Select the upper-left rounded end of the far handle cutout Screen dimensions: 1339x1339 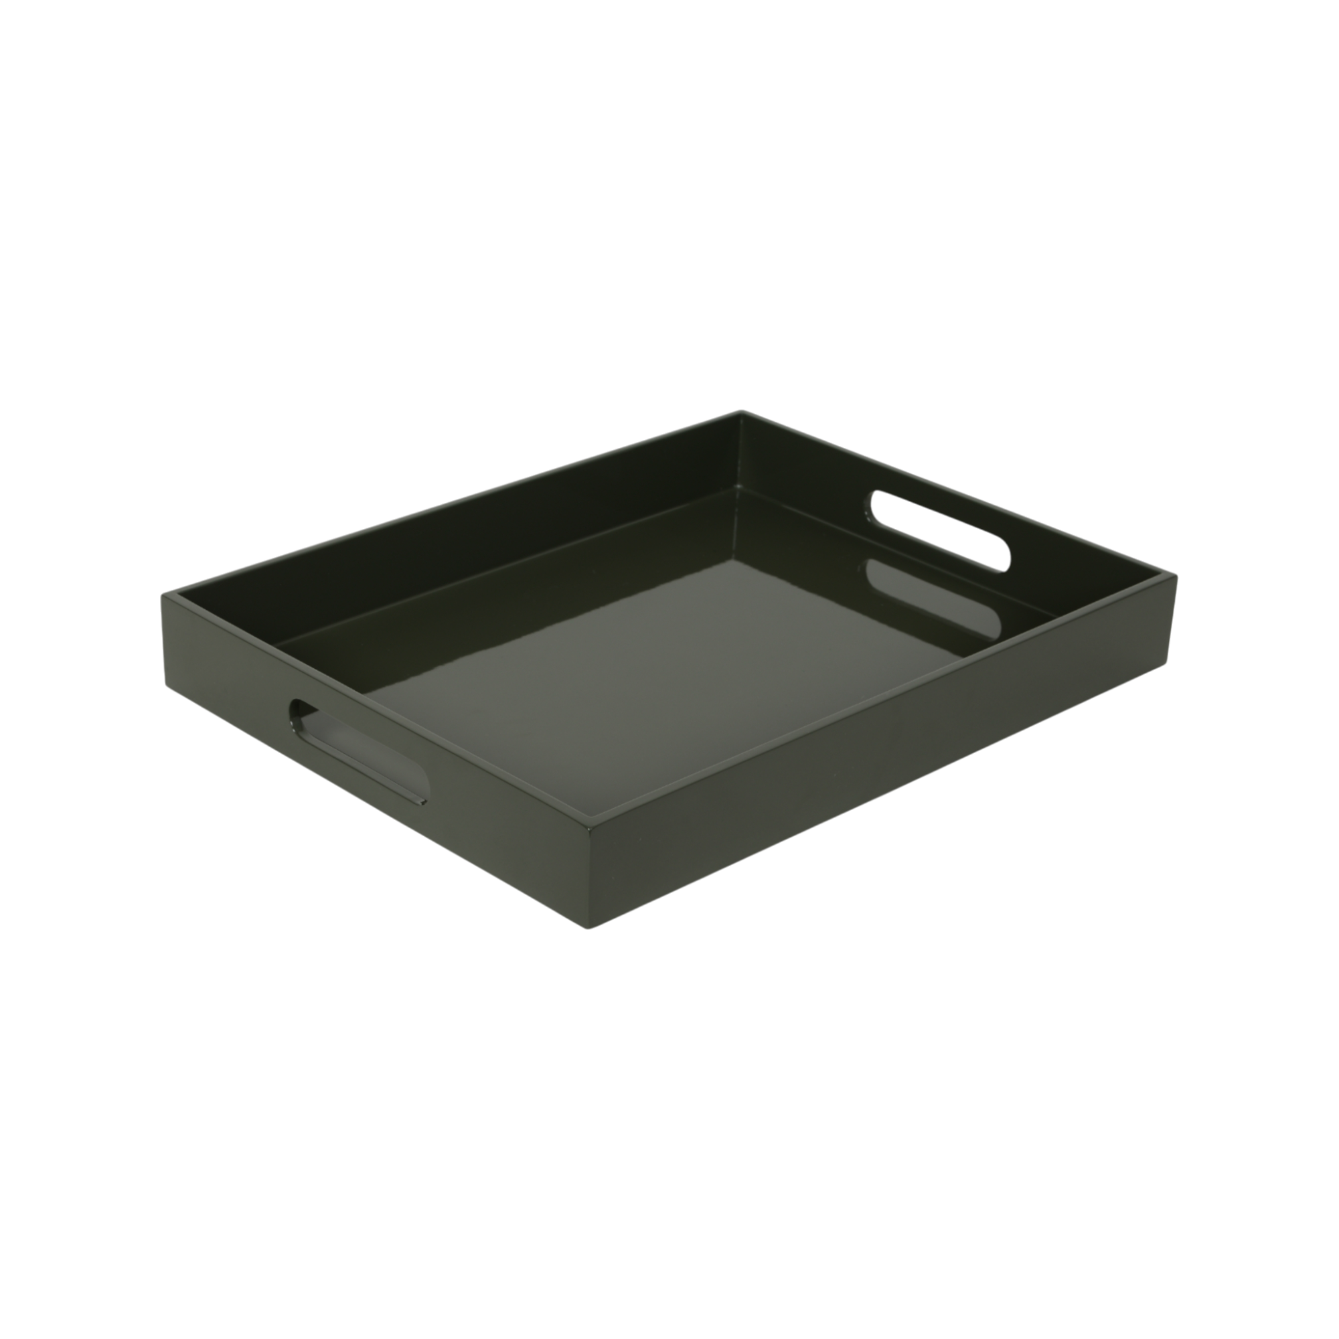(874, 503)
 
